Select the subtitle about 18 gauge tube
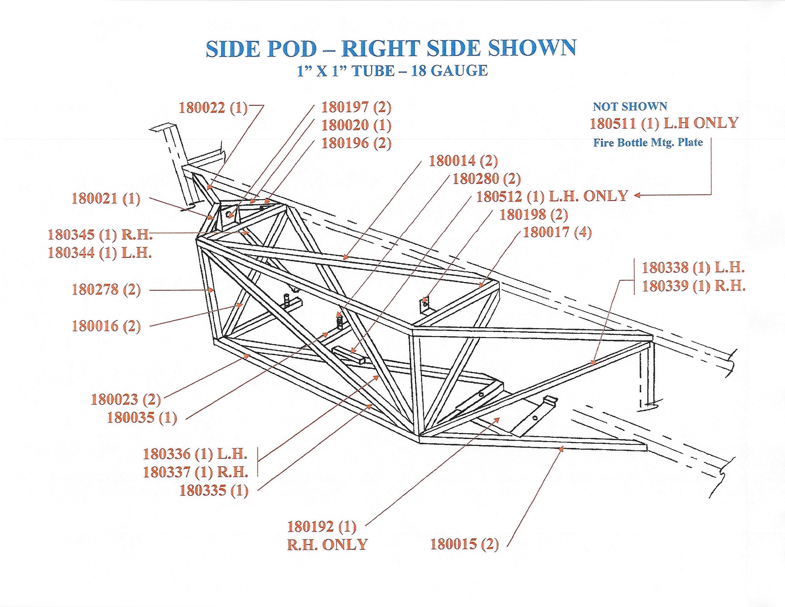pos(392,70)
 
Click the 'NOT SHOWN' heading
pos(630,106)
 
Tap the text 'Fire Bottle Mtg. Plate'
pos(648,142)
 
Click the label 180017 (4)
pos(557,233)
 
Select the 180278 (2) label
pos(106,289)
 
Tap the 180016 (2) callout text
pos(106,326)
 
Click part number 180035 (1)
pos(142,418)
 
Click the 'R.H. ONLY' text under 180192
pos(327,544)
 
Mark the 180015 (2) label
pos(465,544)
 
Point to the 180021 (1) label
pos(106,199)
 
